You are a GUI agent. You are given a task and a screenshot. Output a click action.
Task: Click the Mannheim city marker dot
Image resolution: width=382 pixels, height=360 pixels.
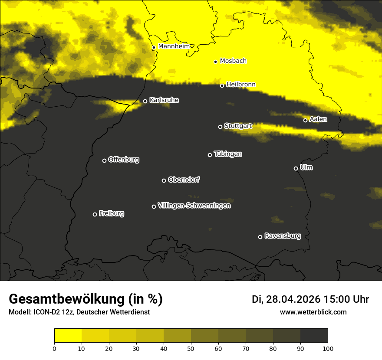click(154, 48)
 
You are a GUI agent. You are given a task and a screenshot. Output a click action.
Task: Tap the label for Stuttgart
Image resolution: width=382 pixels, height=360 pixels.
click(238, 126)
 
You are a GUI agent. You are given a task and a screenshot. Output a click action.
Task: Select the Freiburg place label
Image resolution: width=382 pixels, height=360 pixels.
click(112, 213)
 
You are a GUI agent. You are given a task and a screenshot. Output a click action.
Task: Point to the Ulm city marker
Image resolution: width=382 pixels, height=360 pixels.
click(296, 168)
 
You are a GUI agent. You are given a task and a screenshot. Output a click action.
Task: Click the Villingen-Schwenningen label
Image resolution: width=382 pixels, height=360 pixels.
click(194, 206)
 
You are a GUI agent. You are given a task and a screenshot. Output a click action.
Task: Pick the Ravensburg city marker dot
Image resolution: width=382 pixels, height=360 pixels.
click(260, 237)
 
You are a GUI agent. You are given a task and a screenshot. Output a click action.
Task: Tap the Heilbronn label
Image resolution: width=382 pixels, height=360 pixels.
click(241, 85)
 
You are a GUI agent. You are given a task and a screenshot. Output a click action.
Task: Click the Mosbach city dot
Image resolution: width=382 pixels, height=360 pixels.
click(215, 62)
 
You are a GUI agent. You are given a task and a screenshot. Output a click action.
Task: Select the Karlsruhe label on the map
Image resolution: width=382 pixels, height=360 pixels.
click(164, 100)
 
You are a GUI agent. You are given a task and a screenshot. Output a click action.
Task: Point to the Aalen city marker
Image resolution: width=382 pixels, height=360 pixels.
click(305, 120)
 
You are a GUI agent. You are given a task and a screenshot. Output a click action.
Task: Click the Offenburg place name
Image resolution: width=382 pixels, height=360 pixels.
click(124, 160)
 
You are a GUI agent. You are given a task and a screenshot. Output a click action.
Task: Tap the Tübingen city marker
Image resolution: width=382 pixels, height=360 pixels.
click(210, 155)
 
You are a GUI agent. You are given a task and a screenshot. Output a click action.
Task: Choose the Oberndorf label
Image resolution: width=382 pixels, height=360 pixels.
click(184, 180)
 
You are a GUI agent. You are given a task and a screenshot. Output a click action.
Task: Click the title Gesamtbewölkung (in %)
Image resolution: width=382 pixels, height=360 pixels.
click(86, 299)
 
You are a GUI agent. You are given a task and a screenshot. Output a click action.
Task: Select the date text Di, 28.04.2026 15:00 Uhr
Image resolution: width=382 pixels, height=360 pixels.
click(310, 299)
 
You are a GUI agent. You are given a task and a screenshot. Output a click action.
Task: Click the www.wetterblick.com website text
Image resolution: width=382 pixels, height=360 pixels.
click(313, 312)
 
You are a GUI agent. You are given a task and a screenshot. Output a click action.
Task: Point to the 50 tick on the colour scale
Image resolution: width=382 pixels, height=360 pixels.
click(191, 348)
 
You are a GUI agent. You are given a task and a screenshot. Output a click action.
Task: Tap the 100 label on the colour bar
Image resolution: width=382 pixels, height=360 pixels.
click(328, 348)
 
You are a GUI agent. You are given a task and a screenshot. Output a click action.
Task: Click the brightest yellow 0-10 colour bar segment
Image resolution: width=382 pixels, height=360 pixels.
click(68, 336)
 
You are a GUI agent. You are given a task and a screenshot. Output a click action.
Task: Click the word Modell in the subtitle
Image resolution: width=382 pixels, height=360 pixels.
click(19, 312)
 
